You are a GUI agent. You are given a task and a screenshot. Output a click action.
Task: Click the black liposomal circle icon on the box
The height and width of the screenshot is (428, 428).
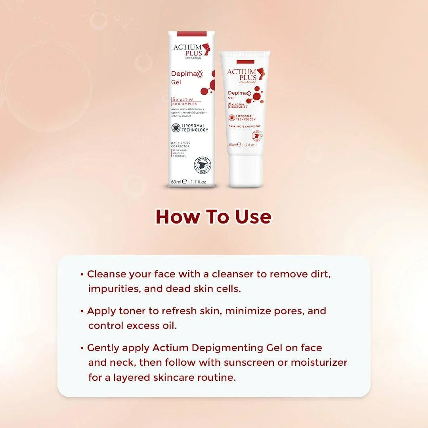[176, 128]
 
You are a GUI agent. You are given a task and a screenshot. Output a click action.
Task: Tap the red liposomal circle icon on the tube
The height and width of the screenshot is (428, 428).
[232, 118]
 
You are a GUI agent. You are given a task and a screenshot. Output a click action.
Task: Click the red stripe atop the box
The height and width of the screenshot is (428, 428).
[192, 34]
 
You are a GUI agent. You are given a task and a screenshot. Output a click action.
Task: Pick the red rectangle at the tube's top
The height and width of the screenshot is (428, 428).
[245, 61]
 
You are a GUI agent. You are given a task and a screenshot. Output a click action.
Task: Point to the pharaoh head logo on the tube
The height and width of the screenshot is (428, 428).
[261, 74]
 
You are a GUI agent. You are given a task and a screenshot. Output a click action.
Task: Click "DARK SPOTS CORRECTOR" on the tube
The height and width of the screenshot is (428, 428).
[245, 126]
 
